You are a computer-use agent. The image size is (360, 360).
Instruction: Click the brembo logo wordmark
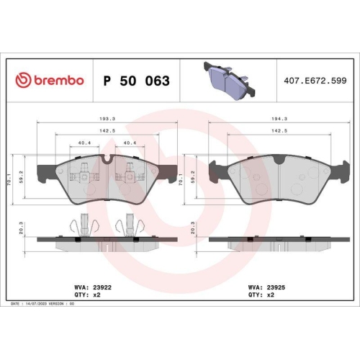pyautogui.click(x=50, y=81)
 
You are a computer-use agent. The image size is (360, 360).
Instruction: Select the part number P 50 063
pyautogui.click(x=137, y=81)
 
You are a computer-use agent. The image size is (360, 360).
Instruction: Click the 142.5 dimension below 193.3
pyautogui.click(x=107, y=131)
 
